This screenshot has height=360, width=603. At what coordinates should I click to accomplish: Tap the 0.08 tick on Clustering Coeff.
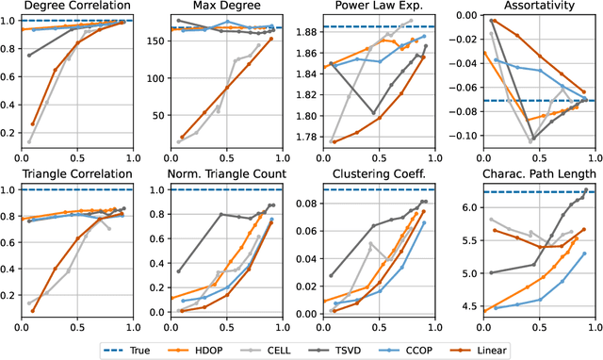[308, 203]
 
